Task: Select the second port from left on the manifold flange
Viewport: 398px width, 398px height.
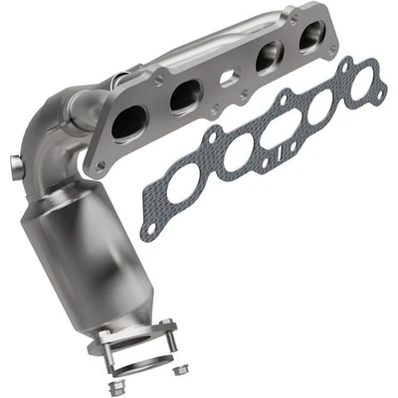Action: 182,97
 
